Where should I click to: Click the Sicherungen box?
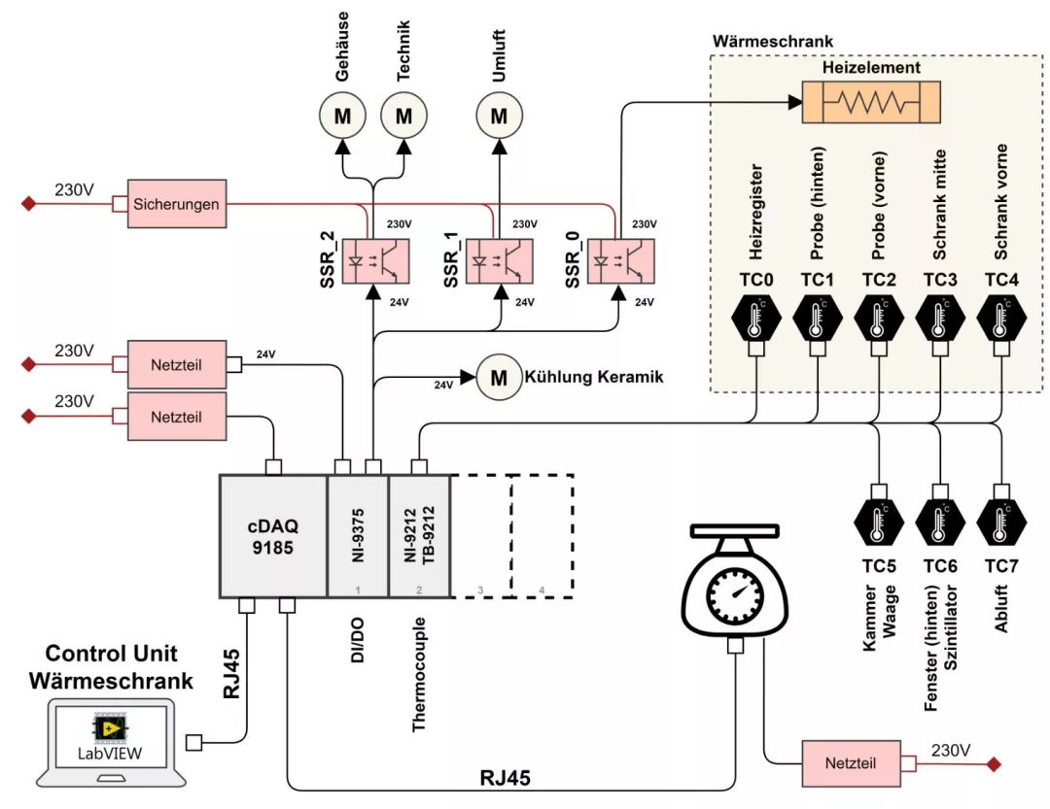[x=177, y=204]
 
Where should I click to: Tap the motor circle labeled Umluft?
[x=499, y=117]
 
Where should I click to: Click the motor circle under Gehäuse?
[x=343, y=117]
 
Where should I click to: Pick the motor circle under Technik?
[x=403, y=117]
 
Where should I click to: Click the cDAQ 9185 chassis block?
[x=273, y=535]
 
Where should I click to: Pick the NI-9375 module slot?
[x=358, y=535]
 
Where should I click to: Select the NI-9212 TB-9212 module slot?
[x=419, y=535]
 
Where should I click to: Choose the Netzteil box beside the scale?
[x=852, y=763]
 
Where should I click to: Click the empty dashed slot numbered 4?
[x=542, y=535]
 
